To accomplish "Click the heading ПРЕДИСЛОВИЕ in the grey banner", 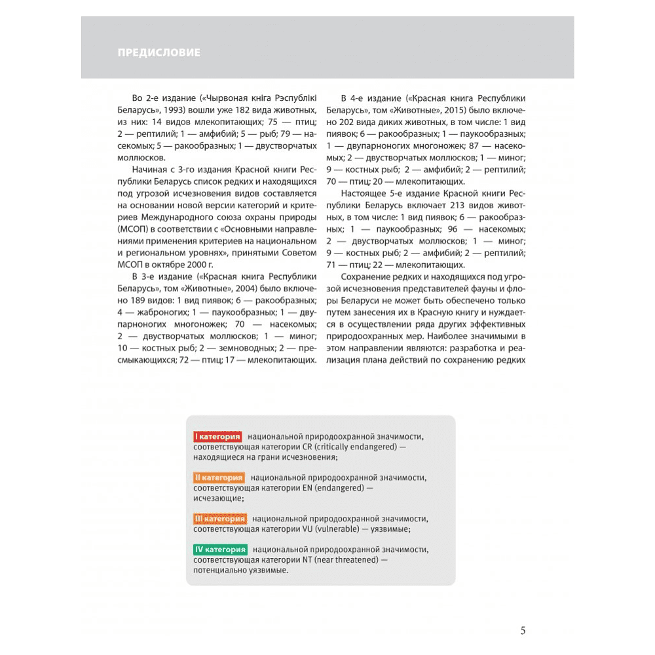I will coord(159,52).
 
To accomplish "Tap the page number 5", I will coord(523,631).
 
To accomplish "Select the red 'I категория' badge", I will coord(217,436).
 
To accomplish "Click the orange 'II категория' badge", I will coord(219,477).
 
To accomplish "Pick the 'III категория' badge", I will coord(219,519).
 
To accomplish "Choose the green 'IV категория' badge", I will coord(221,550).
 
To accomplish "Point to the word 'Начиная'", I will coord(148,169).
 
